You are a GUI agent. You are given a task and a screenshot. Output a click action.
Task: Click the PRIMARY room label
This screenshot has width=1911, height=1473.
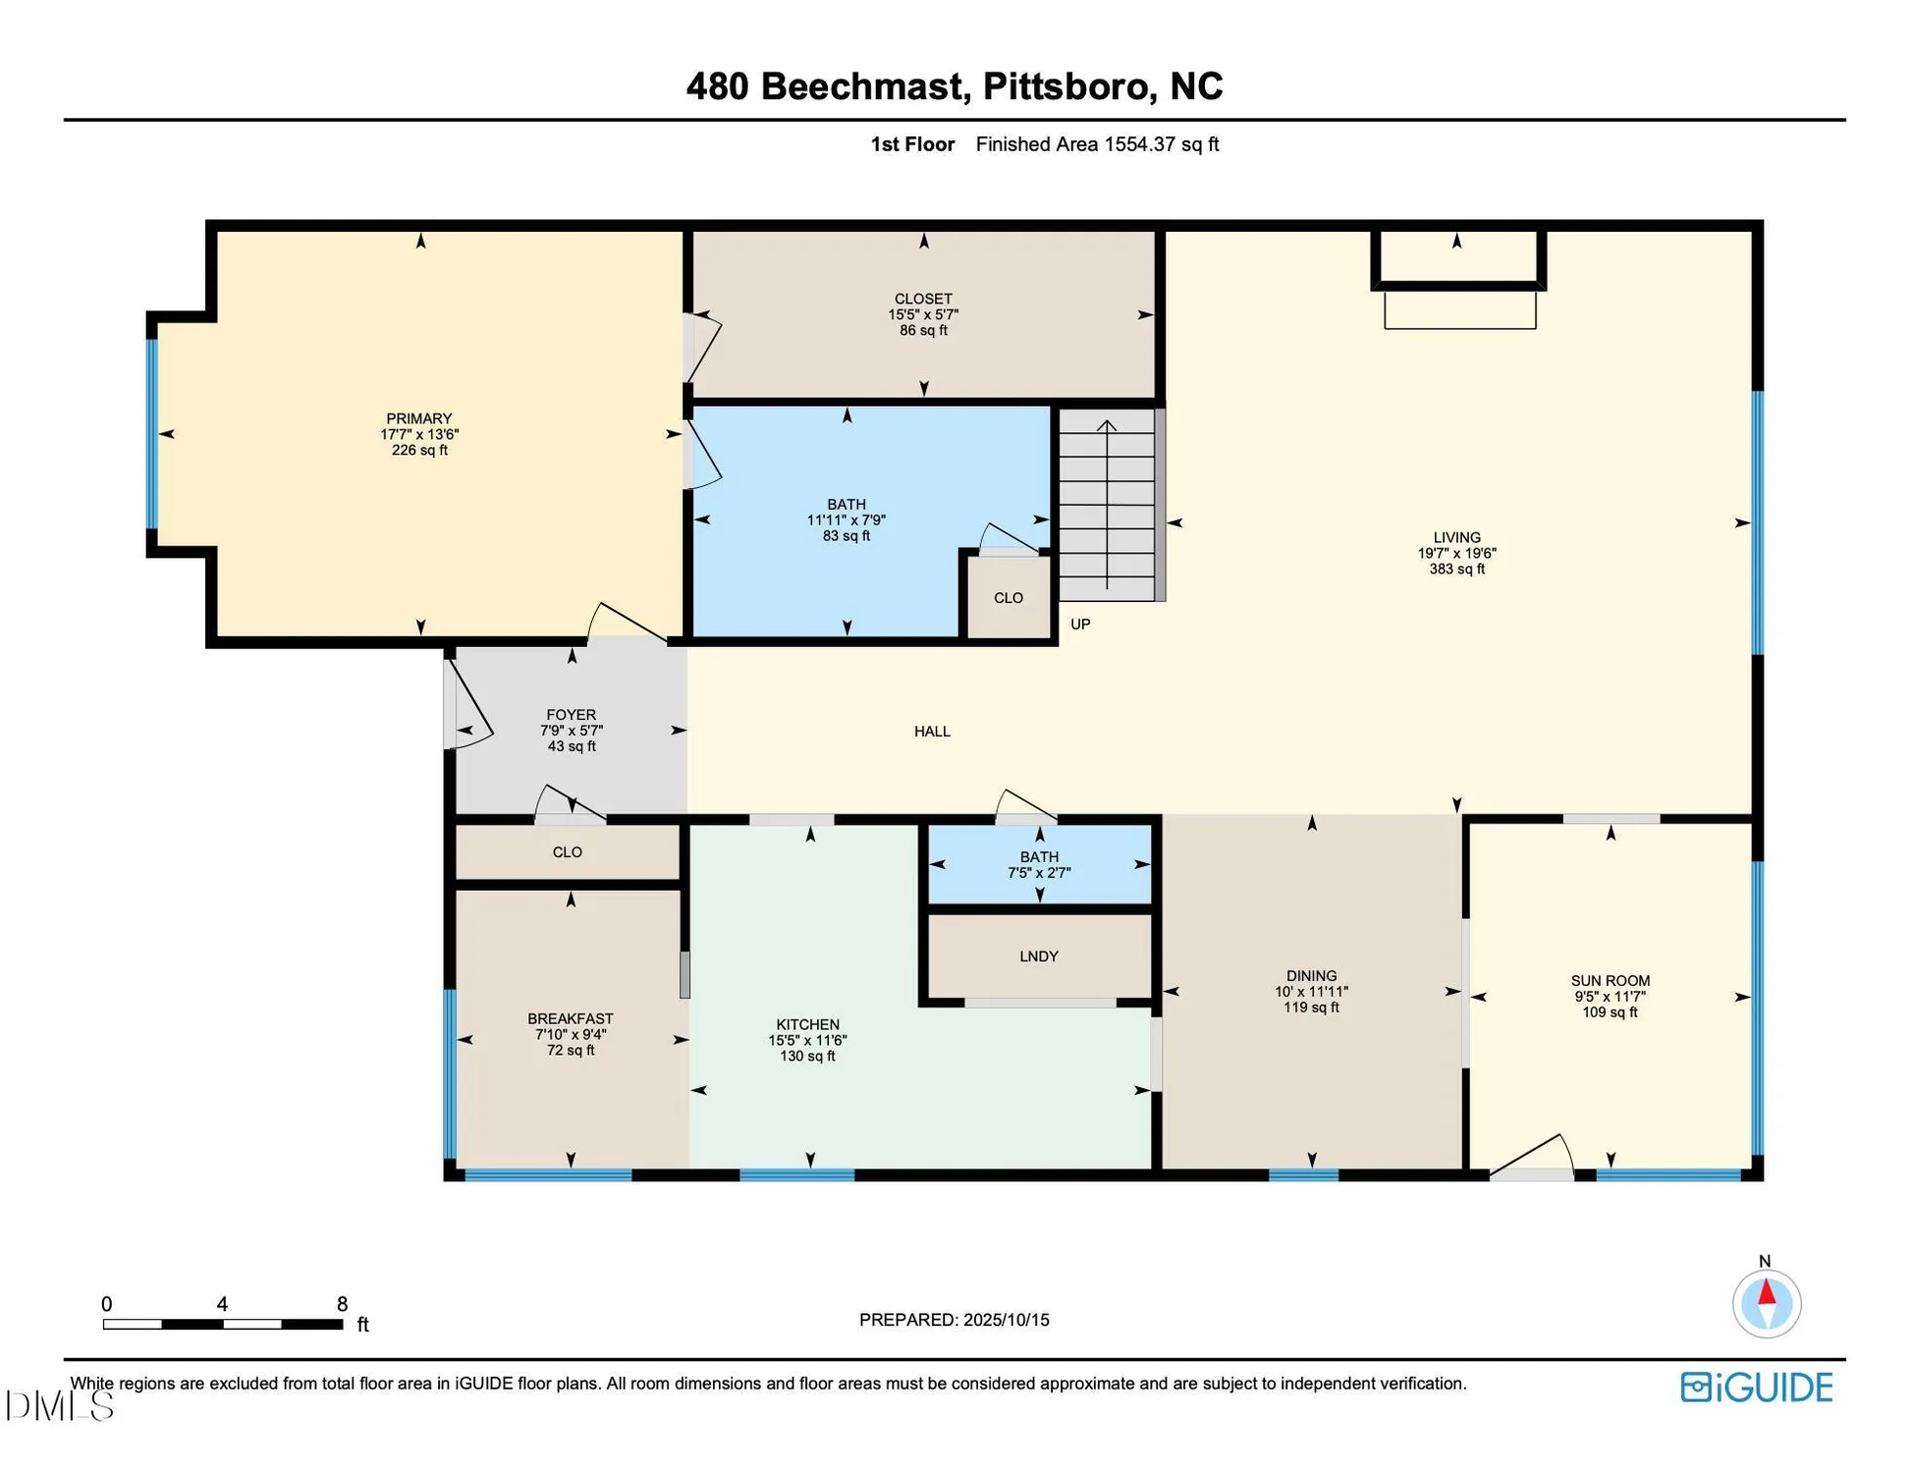418,418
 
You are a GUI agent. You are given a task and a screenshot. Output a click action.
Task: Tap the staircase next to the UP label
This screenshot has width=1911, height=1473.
1107,506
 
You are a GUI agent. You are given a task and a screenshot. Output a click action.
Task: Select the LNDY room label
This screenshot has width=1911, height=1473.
1038,956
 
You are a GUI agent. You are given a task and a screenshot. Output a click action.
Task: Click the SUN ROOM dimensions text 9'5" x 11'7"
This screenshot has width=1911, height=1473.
1610,997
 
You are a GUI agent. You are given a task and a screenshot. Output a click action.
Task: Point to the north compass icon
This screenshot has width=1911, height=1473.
1766,1303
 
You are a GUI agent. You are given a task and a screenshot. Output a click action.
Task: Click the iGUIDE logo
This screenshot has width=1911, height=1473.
1757,1388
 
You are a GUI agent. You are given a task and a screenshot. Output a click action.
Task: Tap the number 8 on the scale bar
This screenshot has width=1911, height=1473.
342,1305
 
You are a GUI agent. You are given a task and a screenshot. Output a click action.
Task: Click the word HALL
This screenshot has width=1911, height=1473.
932,732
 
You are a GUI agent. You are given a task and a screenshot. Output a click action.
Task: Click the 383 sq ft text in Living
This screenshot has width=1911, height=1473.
1456,570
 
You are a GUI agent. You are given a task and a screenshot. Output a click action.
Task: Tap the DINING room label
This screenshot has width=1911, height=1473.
1311,976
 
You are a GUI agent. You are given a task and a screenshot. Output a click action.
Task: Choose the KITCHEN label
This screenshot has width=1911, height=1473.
807,1025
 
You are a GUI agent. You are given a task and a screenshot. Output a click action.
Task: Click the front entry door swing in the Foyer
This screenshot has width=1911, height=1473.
466,702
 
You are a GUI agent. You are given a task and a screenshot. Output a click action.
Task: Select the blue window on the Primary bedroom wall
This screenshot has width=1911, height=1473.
152,434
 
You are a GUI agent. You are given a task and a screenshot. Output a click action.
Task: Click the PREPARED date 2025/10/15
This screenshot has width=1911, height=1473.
1006,1320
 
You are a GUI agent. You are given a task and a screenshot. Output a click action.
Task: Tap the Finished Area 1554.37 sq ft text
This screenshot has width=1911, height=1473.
1097,144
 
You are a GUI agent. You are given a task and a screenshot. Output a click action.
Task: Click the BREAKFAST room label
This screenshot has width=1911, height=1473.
570,1019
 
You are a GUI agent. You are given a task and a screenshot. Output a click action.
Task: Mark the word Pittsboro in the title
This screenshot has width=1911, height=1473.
1065,86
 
